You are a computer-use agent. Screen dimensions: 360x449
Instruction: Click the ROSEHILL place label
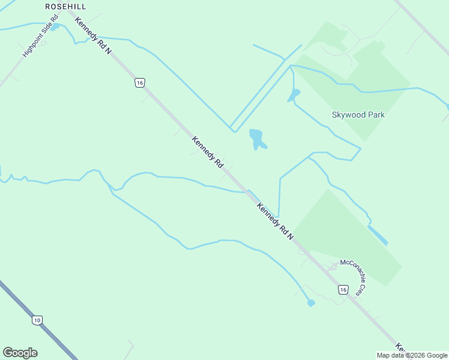[65, 6]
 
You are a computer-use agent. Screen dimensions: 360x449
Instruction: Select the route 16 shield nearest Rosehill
[139, 83]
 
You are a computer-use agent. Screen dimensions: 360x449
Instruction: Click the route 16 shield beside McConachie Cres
[343, 290]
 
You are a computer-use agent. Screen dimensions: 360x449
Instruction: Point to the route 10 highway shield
[37, 320]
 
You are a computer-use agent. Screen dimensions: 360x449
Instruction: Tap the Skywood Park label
[358, 115]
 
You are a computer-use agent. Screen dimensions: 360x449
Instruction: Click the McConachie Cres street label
[352, 277]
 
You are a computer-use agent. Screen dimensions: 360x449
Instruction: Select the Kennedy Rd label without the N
[208, 152]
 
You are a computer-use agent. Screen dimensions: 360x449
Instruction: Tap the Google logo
[20, 353]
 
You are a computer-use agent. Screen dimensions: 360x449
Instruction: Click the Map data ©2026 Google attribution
[412, 355]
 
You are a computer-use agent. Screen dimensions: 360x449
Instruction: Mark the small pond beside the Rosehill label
[55, 27]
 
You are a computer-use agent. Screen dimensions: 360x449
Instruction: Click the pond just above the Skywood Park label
[294, 95]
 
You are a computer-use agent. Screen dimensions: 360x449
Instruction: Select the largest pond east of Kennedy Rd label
[257, 139]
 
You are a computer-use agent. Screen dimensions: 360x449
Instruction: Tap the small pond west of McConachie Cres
[311, 303]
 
